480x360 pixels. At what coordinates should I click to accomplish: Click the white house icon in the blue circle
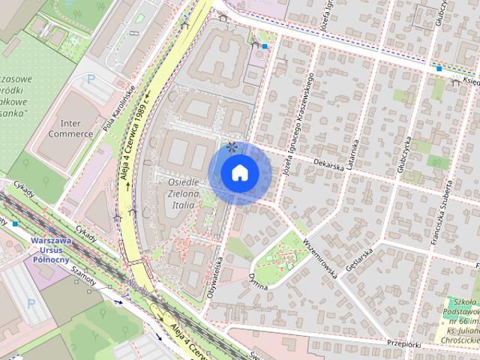[x=240, y=173]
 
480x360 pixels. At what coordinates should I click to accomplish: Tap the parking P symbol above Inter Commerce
[x=91, y=77]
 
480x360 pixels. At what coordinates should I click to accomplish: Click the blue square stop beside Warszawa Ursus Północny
[x=15, y=223]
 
